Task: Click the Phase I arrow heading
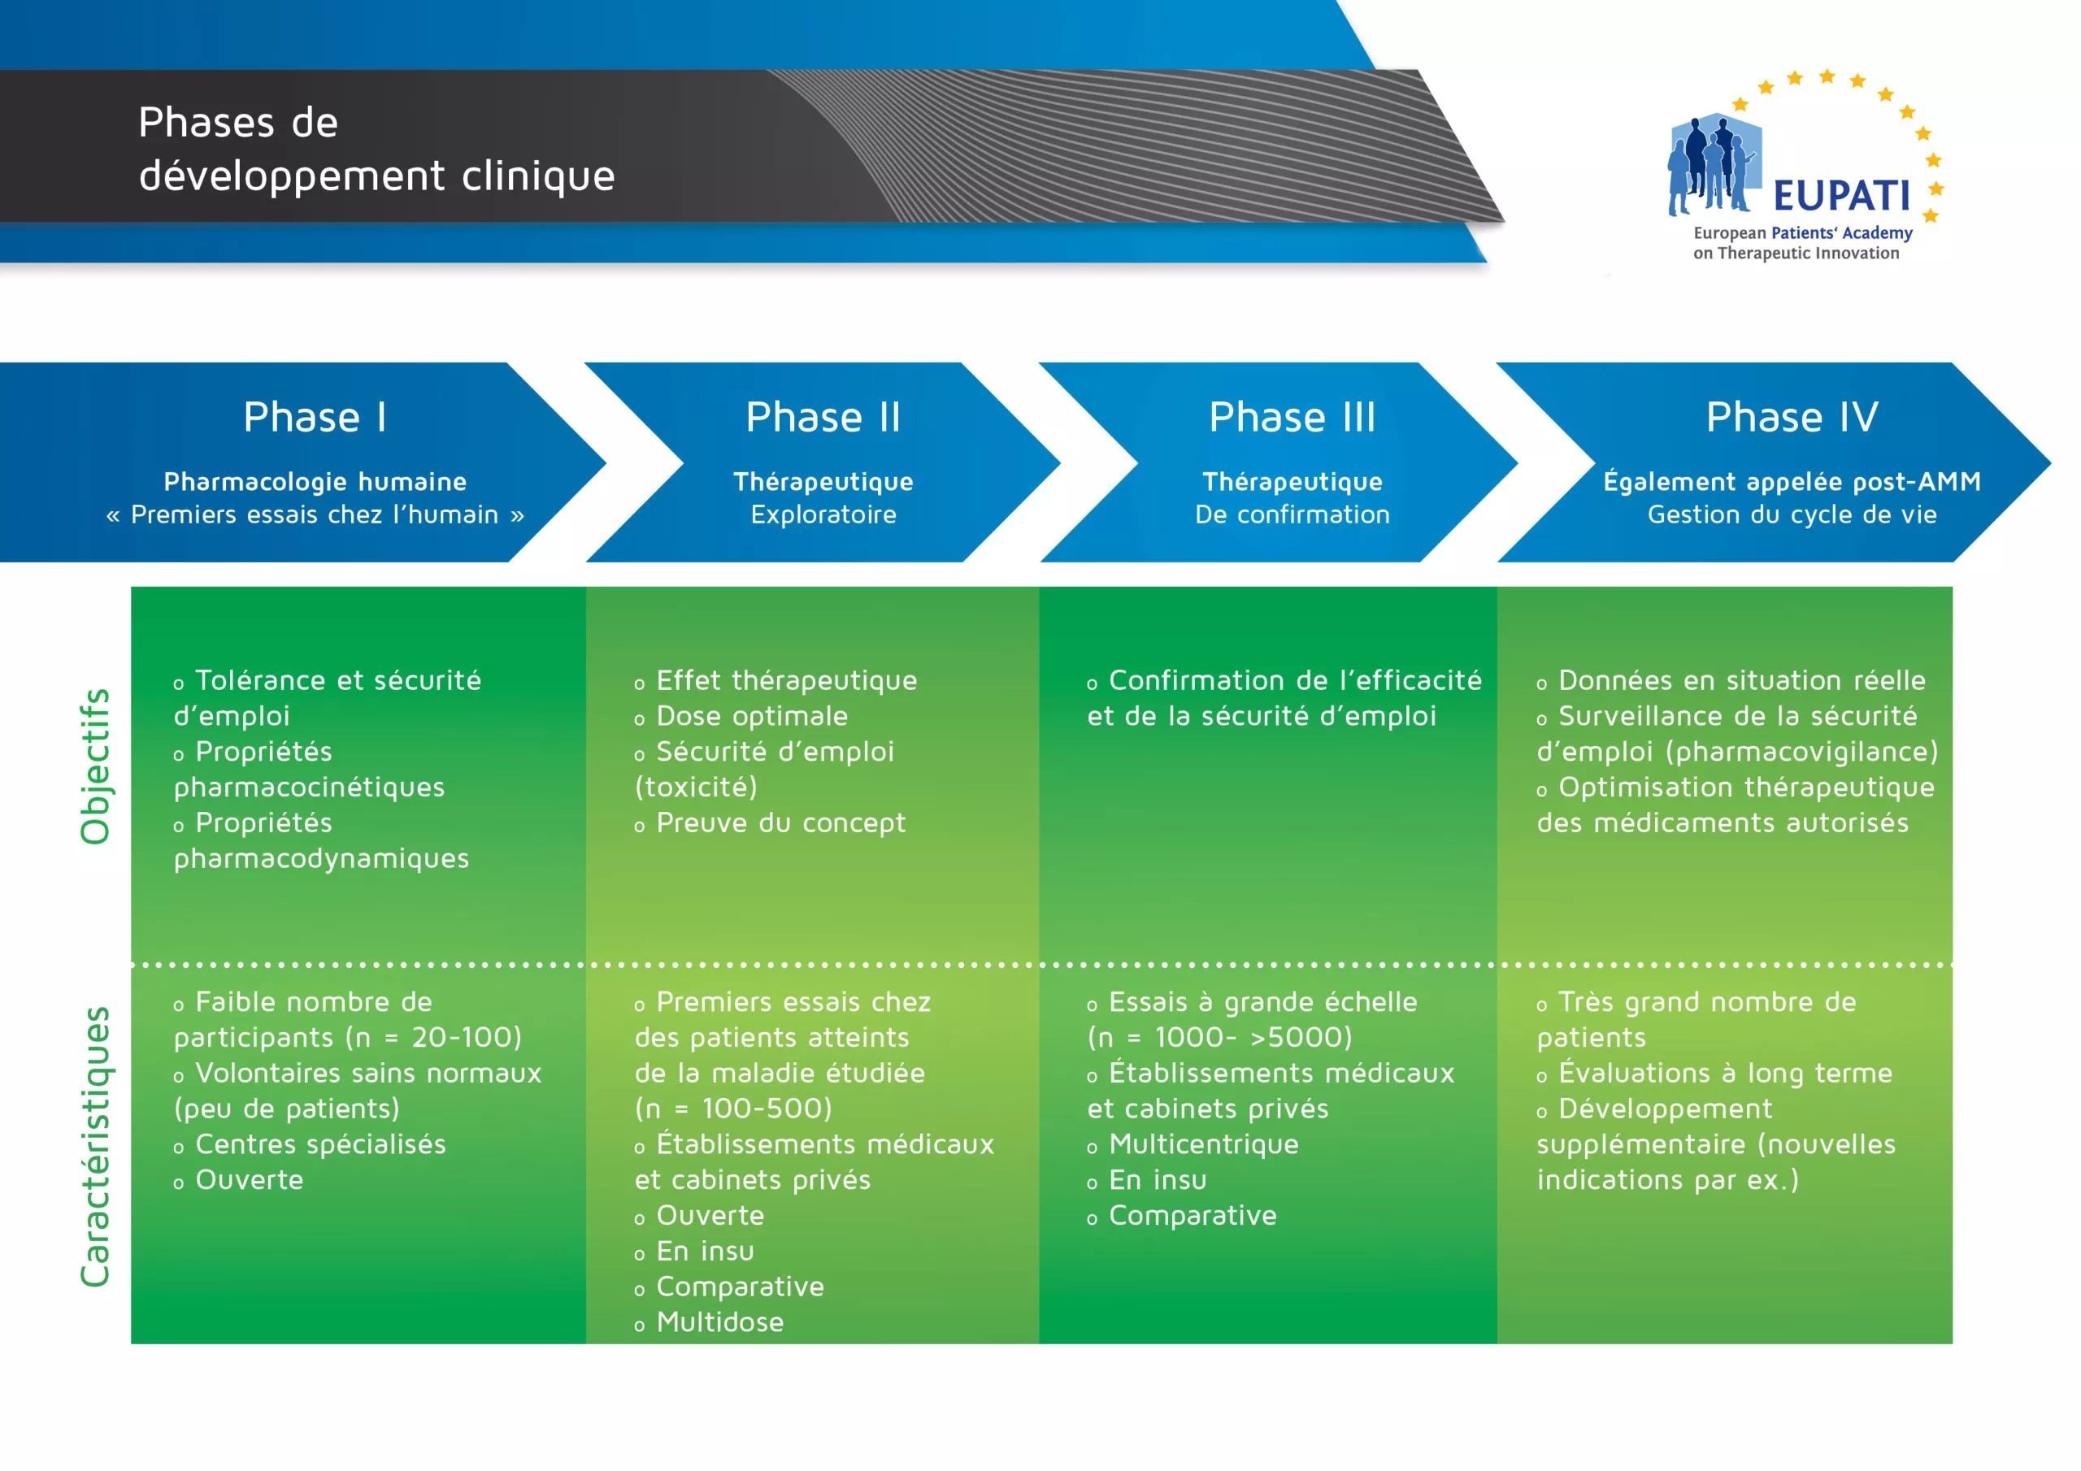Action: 315,417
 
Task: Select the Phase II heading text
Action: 823,417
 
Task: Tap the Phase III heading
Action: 1292,417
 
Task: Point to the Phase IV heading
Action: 1792,417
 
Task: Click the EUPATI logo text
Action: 1841,196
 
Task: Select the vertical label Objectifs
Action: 95,766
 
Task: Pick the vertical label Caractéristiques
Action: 95,1147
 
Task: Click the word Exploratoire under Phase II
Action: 823,514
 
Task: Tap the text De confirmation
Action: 1292,514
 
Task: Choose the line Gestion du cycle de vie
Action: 1792,514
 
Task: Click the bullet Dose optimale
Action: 741,716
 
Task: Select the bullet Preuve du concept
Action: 771,823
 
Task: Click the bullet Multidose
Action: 709,1322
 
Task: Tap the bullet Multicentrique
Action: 1193,1145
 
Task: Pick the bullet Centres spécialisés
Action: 310,1145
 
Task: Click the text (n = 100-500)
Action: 733,1109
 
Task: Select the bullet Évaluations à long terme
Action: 1715,1073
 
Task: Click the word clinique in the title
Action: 538,176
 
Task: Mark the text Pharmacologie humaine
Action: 315,481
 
